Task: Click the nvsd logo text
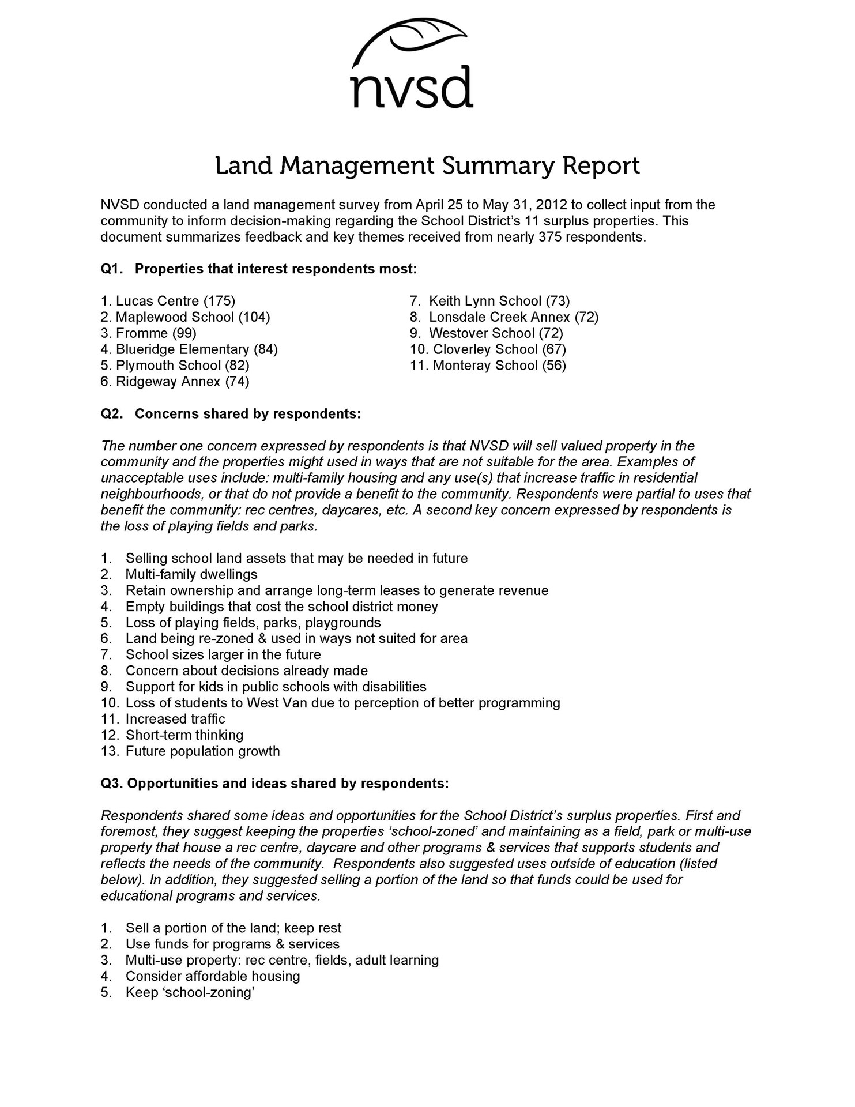point(412,88)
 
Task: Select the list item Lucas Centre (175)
point(168,301)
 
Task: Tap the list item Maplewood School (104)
point(185,317)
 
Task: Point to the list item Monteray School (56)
point(488,366)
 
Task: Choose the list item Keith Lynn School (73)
point(489,301)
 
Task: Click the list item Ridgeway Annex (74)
point(175,382)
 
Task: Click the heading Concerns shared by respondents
point(248,414)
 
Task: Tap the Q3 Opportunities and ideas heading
point(274,784)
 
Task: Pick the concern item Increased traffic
point(175,719)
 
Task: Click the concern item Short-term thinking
point(184,735)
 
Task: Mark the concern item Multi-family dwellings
point(191,574)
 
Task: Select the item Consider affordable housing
point(213,976)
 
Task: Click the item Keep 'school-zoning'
point(190,992)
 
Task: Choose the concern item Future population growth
point(202,751)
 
